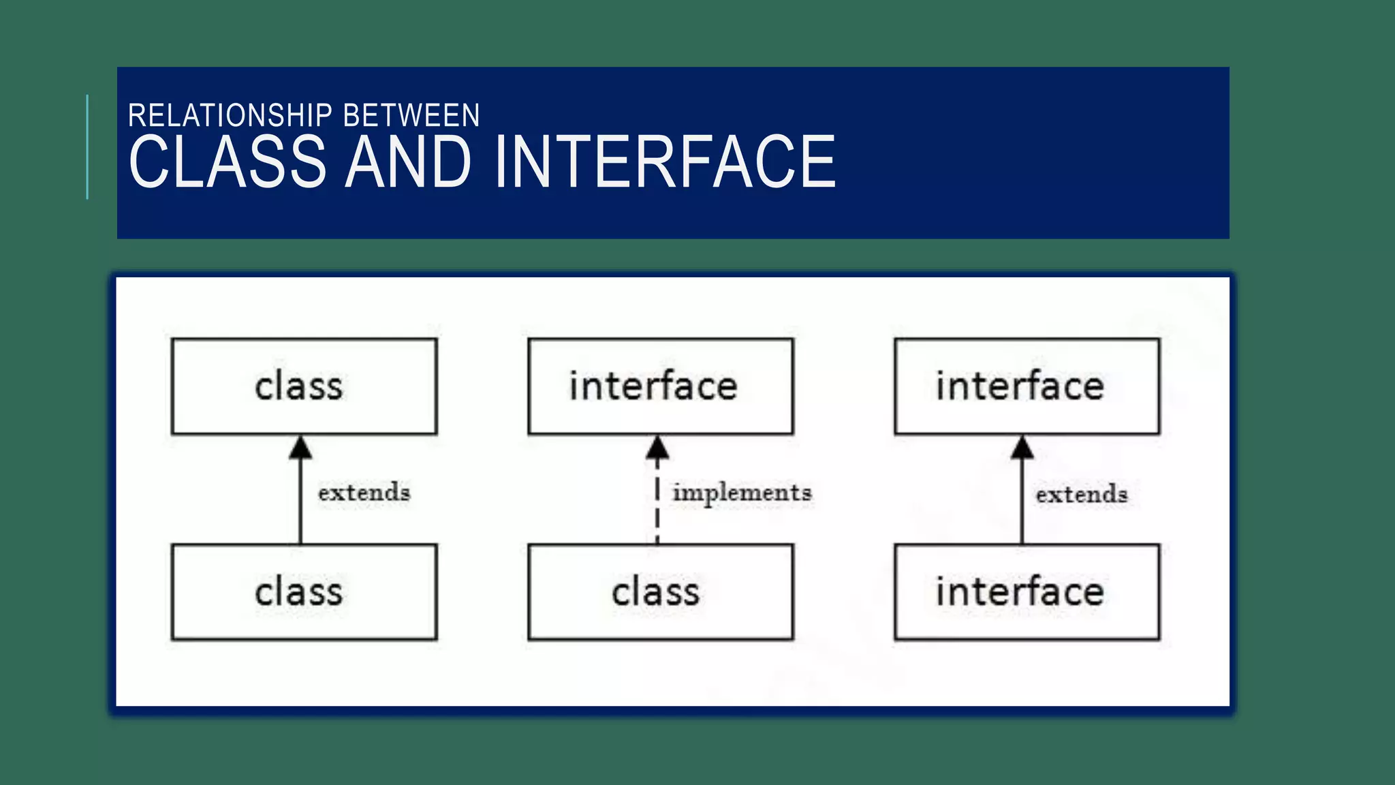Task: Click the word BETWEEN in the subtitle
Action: [x=411, y=116]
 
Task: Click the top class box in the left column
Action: [x=304, y=386]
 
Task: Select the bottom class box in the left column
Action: [x=304, y=591]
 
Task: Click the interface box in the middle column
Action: [x=660, y=386]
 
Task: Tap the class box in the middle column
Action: [x=660, y=591]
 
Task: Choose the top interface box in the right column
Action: [x=1026, y=386]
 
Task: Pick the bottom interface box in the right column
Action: [x=1026, y=591]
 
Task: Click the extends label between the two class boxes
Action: [x=364, y=492]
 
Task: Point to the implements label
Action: [x=742, y=493]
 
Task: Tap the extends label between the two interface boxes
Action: [x=1081, y=494]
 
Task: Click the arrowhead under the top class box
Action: [x=300, y=448]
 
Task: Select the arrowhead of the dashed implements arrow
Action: [x=657, y=448]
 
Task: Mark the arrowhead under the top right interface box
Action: [x=1022, y=448]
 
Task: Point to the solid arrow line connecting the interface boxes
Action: [x=1022, y=504]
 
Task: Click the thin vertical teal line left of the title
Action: [x=87, y=147]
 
